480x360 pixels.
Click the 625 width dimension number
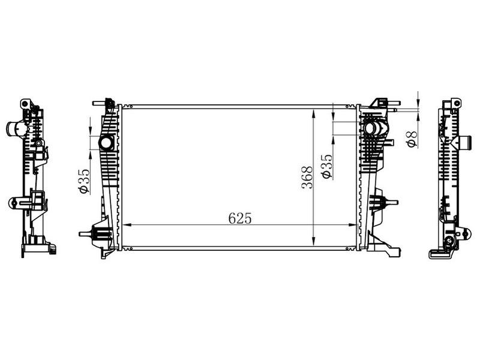point(240,218)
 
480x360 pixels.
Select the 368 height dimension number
point(307,177)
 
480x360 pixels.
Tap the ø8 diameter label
point(412,139)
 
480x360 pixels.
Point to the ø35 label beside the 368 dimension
point(326,166)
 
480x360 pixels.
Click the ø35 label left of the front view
point(84,182)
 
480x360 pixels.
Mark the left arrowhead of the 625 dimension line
point(127,225)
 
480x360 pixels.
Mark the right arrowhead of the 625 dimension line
point(352,225)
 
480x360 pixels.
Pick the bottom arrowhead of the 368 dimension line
point(313,241)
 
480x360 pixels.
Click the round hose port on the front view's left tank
point(106,143)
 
